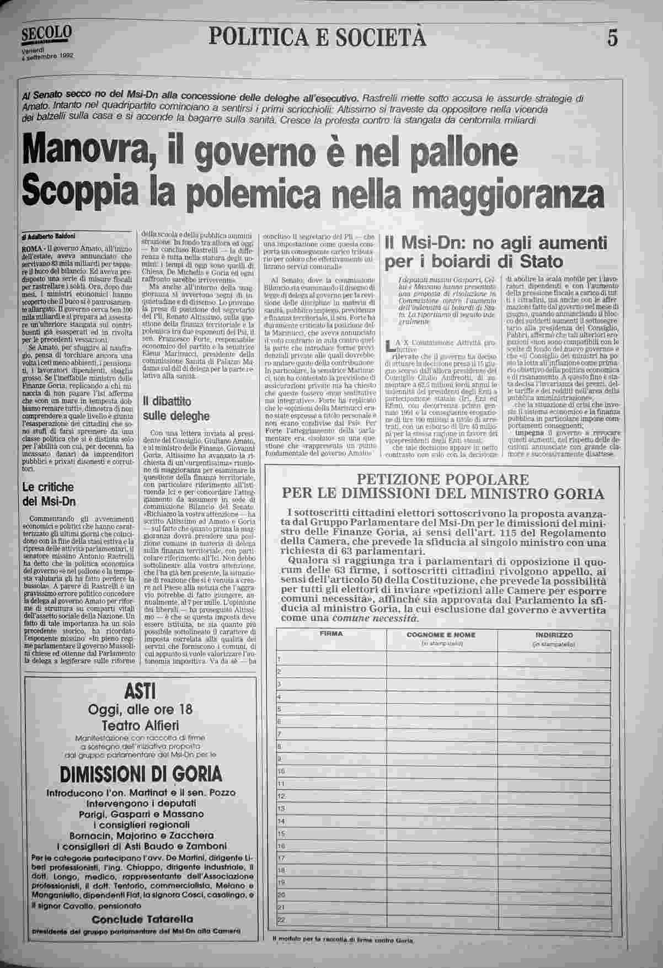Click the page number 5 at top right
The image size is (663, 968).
tap(612, 38)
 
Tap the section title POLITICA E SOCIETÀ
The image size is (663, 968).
tap(318, 36)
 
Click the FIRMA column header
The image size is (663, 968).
tap(331, 634)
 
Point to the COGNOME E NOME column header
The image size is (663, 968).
tap(442, 635)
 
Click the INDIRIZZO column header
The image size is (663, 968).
tap(553, 635)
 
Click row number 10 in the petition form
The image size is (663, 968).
tap(281, 771)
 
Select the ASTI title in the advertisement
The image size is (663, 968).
tap(140, 690)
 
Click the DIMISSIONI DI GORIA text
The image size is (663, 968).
tap(141, 773)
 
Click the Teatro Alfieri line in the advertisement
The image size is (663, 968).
tap(140, 725)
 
